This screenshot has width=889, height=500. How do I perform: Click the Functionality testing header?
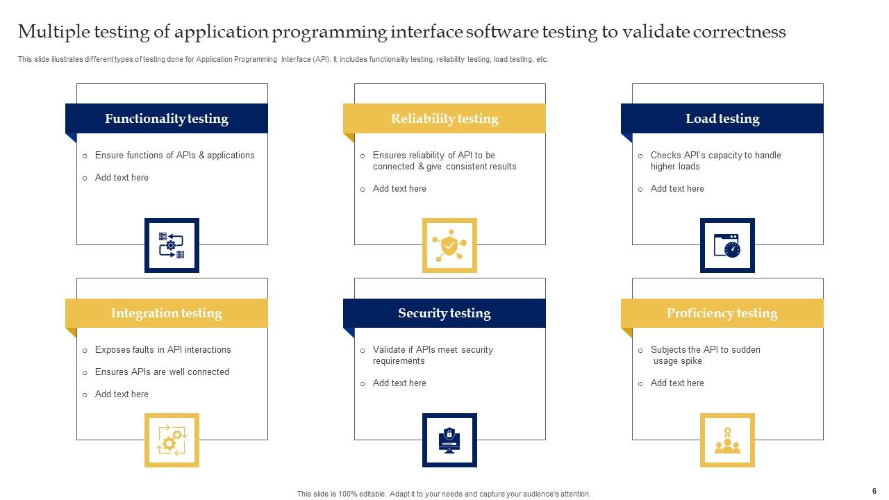tap(167, 119)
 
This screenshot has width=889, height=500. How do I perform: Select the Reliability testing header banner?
tap(444, 119)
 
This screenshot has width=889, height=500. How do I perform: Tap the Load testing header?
tap(722, 119)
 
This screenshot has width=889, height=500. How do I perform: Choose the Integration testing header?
tap(167, 313)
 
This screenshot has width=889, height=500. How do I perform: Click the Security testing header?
tap(444, 313)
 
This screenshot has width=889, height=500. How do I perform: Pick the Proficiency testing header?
tap(722, 313)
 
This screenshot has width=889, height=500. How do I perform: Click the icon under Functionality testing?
tap(172, 245)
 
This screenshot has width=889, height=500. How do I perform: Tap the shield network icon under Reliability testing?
tap(449, 245)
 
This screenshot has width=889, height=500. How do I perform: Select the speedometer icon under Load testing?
tap(727, 245)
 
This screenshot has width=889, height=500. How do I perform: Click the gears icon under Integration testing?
tap(172, 440)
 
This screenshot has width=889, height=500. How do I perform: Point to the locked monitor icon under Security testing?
tap(449, 440)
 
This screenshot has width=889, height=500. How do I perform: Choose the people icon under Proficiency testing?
tap(727, 440)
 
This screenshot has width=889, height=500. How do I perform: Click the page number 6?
tap(874, 490)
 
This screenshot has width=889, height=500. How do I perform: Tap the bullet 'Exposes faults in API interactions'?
tap(163, 350)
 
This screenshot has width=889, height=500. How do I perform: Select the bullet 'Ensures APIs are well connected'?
tap(162, 372)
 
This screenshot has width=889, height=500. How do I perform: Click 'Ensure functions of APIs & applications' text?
tap(174, 156)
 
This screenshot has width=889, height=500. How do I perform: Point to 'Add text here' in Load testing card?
tap(677, 189)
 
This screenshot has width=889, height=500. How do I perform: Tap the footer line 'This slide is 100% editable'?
tap(444, 494)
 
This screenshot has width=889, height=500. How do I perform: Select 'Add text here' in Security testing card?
tap(399, 383)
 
